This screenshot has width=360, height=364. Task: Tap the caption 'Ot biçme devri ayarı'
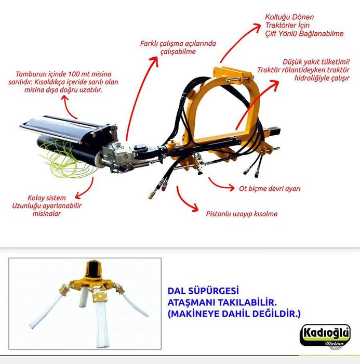(270, 188)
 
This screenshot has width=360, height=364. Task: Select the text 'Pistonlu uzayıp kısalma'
(242, 214)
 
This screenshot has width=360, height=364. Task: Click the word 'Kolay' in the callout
(36, 198)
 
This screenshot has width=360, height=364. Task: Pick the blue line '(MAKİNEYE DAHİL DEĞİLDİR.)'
(234, 314)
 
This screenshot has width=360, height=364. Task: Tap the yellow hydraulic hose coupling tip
(151, 196)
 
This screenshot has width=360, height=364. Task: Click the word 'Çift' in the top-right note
(271, 34)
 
